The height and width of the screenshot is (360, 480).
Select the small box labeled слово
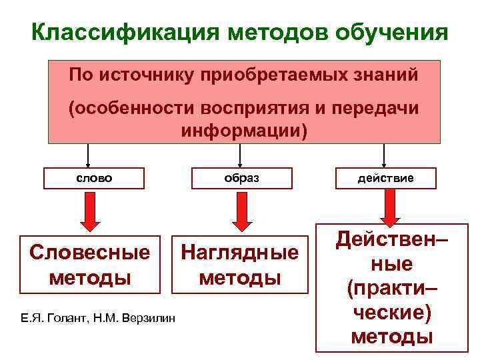coord(93,179)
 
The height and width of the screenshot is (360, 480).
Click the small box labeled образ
coord(241,179)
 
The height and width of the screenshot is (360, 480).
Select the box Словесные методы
coord(89,264)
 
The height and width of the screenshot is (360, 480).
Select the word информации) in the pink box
coord(245,128)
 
